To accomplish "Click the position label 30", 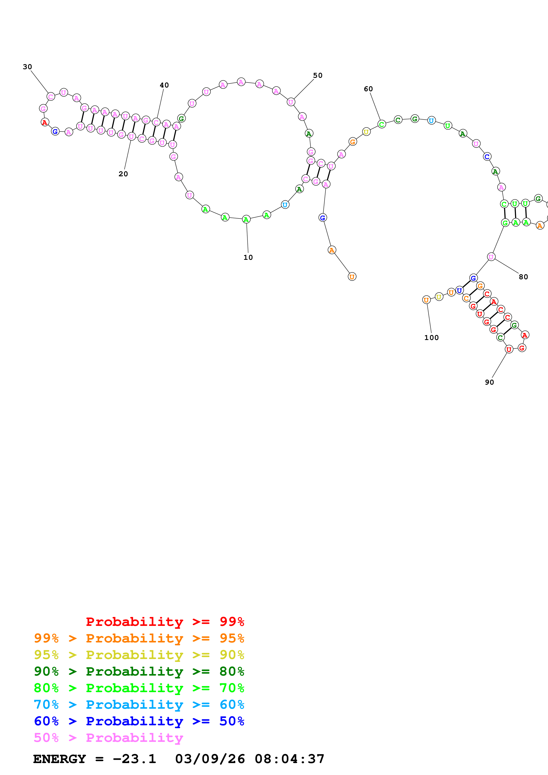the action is (x=27, y=67).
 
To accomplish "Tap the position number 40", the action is (x=164, y=85).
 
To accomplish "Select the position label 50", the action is (x=317, y=75).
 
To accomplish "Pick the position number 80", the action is (x=523, y=277).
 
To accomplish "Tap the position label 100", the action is (x=431, y=338).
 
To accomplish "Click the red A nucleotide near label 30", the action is (x=45, y=122).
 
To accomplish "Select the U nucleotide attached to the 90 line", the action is (x=508, y=349).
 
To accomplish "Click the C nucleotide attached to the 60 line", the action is (x=381, y=124).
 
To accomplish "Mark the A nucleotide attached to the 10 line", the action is (x=246, y=219).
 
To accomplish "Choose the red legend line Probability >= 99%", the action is (x=165, y=621).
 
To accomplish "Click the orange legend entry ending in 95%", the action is (x=139, y=638).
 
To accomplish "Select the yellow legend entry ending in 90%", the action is (x=139, y=655).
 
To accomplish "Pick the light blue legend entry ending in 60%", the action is (x=139, y=705).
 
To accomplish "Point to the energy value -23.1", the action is (x=134, y=759).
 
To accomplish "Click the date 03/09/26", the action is (x=210, y=759).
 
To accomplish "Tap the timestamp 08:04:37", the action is (x=289, y=759).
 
